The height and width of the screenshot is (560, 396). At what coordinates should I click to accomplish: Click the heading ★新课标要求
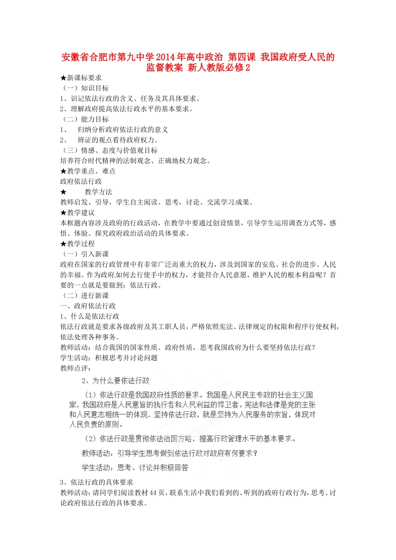click(81, 78)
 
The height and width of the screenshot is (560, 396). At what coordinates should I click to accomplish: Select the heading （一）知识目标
click(85, 88)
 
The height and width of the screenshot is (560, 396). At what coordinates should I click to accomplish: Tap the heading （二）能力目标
click(85, 120)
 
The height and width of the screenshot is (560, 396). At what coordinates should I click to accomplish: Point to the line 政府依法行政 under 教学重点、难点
click(81, 182)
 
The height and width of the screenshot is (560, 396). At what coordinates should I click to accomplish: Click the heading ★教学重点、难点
click(88, 171)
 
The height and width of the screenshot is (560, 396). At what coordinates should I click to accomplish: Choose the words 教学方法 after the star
click(98, 192)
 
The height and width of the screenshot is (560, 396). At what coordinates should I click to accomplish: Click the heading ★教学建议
click(78, 212)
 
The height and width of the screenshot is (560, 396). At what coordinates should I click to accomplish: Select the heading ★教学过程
click(78, 244)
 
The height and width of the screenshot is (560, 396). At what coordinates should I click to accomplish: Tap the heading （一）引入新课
click(85, 254)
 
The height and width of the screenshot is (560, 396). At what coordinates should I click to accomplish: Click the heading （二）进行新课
click(85, 296)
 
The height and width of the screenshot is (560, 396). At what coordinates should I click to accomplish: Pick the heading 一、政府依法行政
click(88, 306)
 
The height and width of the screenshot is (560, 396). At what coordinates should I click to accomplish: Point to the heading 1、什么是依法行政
click(90, 317)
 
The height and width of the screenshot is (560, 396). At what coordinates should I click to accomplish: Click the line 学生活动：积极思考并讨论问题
click(109, 358)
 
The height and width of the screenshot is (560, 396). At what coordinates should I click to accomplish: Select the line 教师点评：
click(76, 368)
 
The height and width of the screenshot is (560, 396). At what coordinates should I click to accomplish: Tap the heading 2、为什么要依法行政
click(115, 381)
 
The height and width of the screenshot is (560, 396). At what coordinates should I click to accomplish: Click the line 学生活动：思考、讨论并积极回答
click(135, 467)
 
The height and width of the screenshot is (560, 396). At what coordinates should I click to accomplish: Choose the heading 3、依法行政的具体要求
click(97, 482)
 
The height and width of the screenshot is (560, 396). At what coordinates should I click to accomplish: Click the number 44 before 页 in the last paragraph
click(153, 493)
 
